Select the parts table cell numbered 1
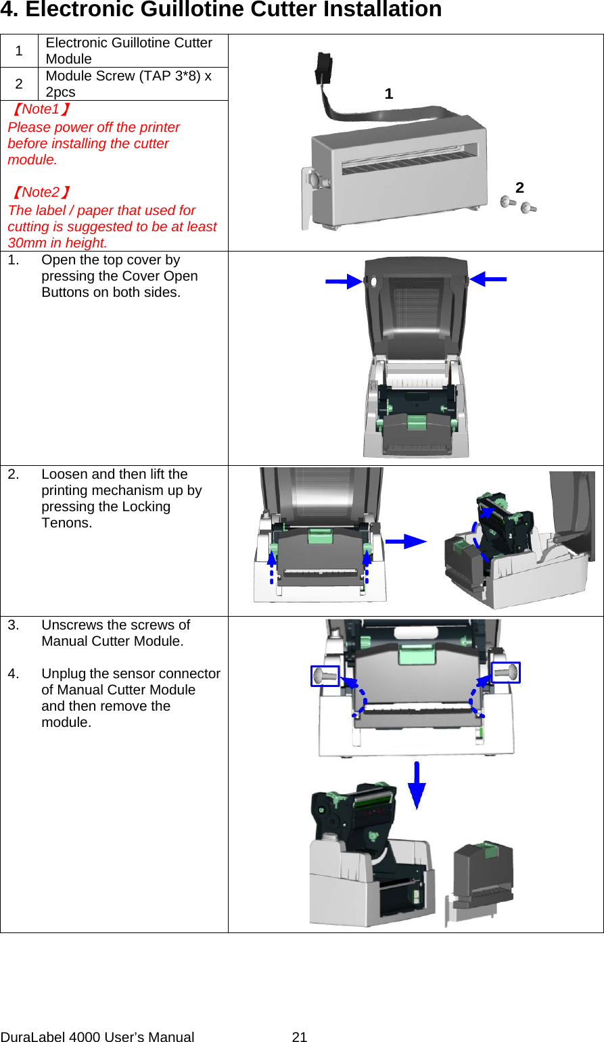[x=19, y=51]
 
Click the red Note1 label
[x=41, y=110]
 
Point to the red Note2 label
[x=41, y=193]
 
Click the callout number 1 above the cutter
[x=388, y=94]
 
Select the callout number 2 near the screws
[x=519, y=188]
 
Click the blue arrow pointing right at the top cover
[x=344, y=281]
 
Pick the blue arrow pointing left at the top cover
[x=488, y=279]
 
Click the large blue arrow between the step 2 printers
[x=406, y=541]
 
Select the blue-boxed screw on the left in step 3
[x=325, y=676]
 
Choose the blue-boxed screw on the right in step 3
[x=505, y=672]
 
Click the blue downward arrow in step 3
[x=417, y=785]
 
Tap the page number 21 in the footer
[x=300, y=1037]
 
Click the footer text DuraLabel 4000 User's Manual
[x=97, y=1037]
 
